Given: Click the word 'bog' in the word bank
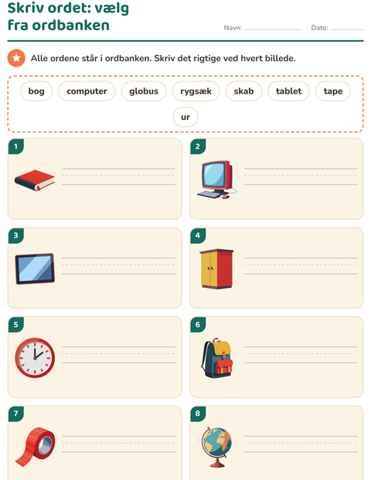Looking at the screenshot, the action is point(36,91).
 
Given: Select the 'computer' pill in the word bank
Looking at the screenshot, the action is point(87,91).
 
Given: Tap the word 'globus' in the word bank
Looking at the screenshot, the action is point(144,91).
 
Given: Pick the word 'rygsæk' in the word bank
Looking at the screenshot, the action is point(196,91).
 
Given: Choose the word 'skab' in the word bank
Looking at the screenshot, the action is point(243,91).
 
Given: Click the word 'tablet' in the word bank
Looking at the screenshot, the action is point(288,91).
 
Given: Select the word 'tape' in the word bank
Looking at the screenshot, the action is point(333,91).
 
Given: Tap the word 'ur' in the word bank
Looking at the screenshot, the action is point(185,117).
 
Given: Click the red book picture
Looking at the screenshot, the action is point(35,180).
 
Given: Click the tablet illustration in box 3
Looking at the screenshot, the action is point(35,269).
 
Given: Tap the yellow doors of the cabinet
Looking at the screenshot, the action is point(209,269).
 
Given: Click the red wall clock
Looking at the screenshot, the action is point(35,358).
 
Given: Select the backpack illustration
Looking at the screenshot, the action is point(216,358).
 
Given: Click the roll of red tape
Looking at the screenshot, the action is point(35,447).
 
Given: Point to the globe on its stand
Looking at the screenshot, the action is point(216,447).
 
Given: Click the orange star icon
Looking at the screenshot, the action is point(16,58).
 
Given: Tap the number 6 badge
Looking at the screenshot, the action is point(198,324).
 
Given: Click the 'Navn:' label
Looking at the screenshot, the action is point(233,28).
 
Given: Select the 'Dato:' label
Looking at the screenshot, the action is point(320,28).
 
